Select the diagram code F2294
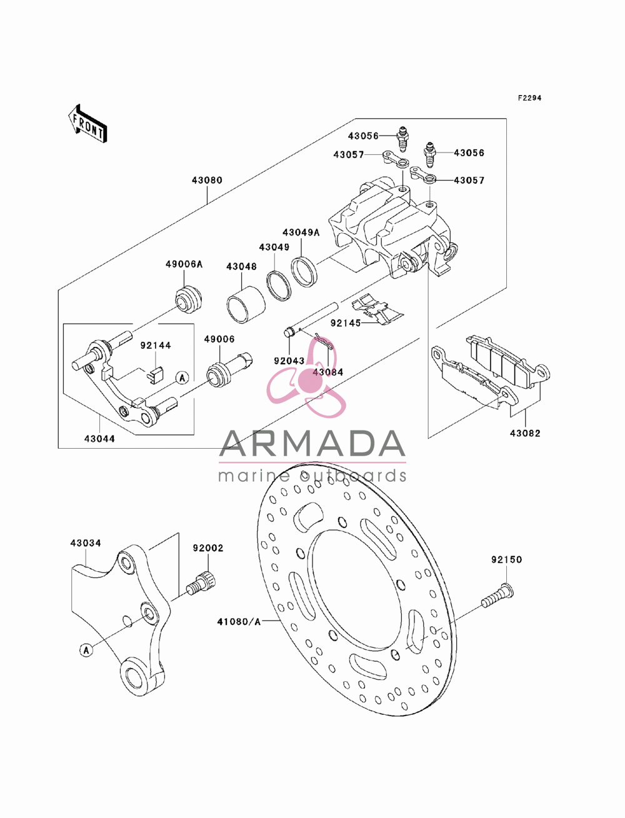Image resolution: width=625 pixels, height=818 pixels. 529,98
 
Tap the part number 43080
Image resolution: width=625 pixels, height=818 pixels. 207,180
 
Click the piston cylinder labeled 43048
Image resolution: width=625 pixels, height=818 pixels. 246,304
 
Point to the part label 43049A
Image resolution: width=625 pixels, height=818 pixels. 301,232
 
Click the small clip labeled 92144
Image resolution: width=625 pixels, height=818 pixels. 156,376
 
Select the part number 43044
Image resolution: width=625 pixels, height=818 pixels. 99,439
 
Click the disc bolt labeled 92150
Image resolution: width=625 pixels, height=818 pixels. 497,596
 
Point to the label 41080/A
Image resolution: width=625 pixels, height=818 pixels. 239,621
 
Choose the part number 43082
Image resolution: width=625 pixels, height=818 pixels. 525,433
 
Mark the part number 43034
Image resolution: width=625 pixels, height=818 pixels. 86,543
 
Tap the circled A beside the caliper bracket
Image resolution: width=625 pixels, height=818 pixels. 182,377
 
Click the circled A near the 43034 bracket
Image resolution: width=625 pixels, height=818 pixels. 86,651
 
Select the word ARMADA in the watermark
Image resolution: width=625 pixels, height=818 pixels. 312,444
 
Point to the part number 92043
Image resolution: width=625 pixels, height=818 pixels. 289,361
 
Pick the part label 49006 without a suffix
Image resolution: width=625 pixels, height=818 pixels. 219,339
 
